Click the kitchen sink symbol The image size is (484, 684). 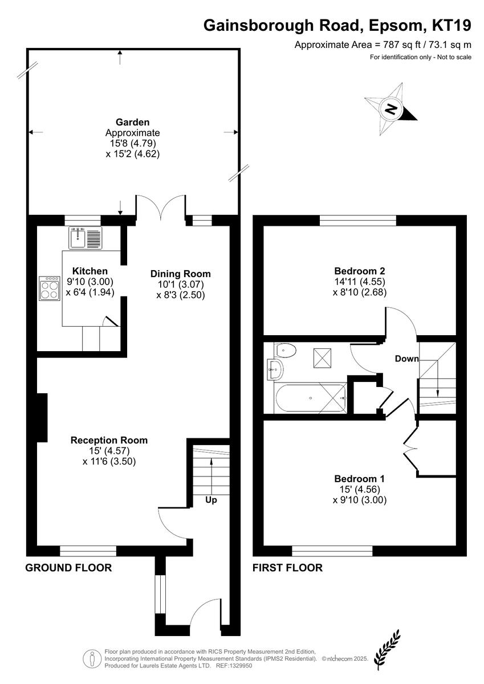(85, 238)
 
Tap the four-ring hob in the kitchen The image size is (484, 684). (49, 288)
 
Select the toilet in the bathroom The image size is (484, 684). (286, 349)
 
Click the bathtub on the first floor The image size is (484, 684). (311, 398)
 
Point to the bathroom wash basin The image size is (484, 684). (275, 369)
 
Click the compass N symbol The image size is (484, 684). (391, 109)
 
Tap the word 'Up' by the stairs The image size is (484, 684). (211, 500)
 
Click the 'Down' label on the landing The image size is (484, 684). (406, 359)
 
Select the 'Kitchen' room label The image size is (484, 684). (90, 271)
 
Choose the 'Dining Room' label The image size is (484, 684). (181, 274)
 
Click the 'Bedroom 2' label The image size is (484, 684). (359, 271)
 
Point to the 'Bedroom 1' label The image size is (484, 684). (359, 478)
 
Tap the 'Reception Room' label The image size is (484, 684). (109, 440)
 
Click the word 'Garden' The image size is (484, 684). (132, 122)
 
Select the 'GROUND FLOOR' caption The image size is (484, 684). (68, 568)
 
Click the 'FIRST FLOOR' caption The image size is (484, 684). (287, 568)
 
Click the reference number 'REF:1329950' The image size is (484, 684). (234, 663)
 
